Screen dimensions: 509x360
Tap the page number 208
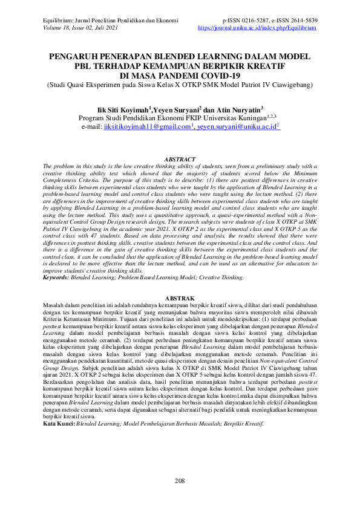pyautogui.click(x=180, y=481)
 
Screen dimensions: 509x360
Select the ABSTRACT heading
pyautogui.click(x=180, y=158)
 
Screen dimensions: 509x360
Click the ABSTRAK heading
pyautogui.click(x=180, y=299)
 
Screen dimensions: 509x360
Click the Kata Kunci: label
pyautogui.click(x=59, y=407)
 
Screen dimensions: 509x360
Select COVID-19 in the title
pyautogui.click(x=216, y=76)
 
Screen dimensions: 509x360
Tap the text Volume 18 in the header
pyautogui.click(x=59, y=28)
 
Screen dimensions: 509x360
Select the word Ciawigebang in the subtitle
pyautogui.click(x=289, y=85)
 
